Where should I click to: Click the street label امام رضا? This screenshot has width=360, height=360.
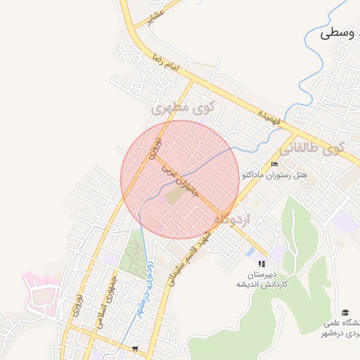(167, 66)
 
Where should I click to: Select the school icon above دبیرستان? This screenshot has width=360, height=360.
(262, 264)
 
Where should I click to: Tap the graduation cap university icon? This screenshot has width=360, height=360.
(345, 312)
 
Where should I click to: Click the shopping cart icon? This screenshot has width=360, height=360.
(134, 348)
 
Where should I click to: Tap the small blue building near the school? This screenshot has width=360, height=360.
(250, 251)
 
